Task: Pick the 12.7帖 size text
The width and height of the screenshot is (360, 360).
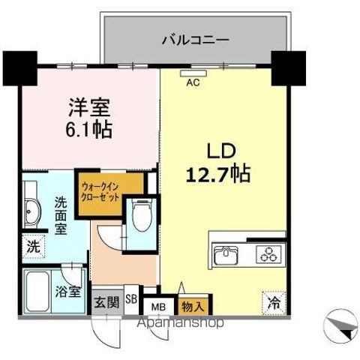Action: point(217,175)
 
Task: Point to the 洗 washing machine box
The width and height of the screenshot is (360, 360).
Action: point(34,244)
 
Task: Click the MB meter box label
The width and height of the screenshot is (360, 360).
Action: point(159,306)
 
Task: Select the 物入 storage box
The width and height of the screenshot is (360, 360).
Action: point(190,305)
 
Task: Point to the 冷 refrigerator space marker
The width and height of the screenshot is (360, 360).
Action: point(275,304)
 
